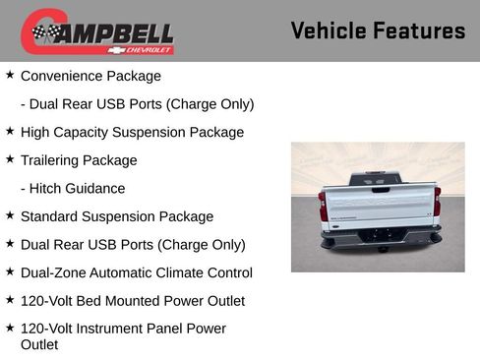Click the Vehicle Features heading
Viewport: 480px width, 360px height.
[x=378, y=30]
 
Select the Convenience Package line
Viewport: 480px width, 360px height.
[x=90, y=76]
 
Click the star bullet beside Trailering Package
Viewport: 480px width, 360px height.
[x=10, y=158]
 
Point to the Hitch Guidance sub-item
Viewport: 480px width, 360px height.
[x=73, y=188]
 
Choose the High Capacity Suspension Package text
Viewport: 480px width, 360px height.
[x=132, y=132]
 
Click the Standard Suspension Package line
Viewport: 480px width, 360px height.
[x=116, y=216]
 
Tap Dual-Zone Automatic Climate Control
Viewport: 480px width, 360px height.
[x=136, y=272]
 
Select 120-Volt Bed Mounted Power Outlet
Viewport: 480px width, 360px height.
[x=132, y=300]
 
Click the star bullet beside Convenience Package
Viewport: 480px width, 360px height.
[x=10, y=75]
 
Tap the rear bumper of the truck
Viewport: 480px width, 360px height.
[x=379, y=236]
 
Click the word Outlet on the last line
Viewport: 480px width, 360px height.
[x=41, y=344]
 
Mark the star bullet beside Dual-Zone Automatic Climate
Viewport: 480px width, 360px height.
[x=10, y=271]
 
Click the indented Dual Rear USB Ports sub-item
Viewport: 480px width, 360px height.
[x=137, y=103]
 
